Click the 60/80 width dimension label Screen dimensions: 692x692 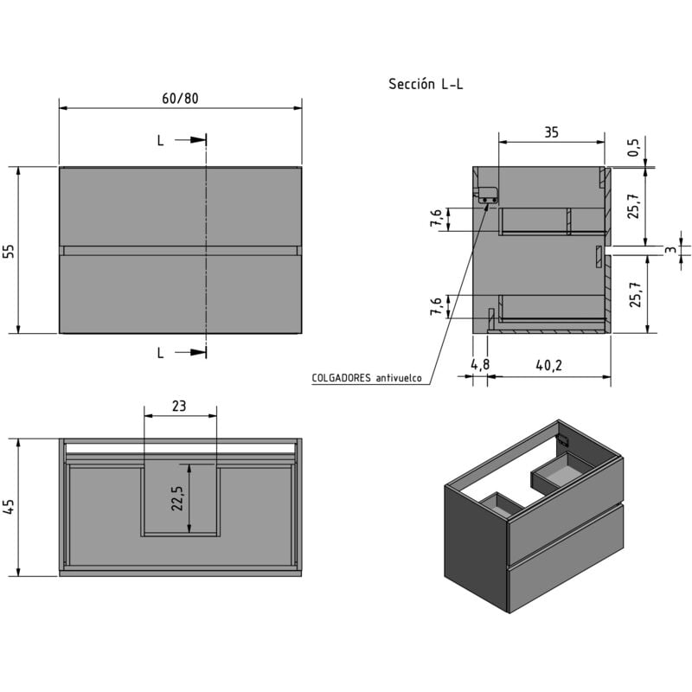(x=180, y=98)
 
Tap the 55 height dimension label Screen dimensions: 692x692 (x=9, y=251)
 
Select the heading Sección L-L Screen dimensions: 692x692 (x=426, y=84)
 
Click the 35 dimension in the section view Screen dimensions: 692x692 (x=551, y=132)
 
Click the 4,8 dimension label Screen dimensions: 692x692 (x=480, y=365)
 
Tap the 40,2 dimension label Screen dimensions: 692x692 (x=548, y=365)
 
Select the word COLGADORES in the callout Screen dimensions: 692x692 (x=342, y=378)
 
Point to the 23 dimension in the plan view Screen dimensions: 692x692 (x=180, y=405)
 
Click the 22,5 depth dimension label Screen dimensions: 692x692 (x=176, y=499)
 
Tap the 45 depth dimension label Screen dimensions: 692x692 (x=10, y=507)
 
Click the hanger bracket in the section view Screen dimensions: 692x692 (x=487, y=195)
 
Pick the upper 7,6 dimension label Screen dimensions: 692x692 (x=438, y=220)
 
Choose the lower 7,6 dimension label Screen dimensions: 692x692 (x=438, y=306)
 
